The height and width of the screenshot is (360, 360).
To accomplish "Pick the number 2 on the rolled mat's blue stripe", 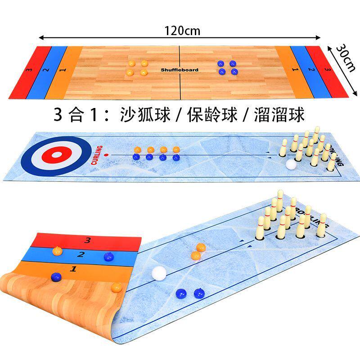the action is [x=81, y=255].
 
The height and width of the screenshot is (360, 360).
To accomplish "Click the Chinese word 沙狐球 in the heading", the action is [x=145, y=114].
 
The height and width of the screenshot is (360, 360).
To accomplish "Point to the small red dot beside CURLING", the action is [x=106, y=155].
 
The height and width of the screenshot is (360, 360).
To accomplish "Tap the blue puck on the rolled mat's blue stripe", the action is [x=108, y=256].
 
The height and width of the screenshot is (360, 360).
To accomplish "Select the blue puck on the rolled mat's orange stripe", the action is [x=56, y=276].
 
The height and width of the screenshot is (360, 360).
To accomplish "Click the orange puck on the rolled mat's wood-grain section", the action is [x=117, y=287].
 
